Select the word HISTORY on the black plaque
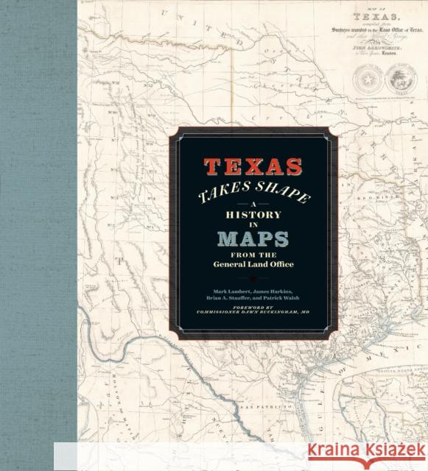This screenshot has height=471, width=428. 254,219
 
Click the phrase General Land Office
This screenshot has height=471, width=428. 254,266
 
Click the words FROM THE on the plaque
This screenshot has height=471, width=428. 254,255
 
